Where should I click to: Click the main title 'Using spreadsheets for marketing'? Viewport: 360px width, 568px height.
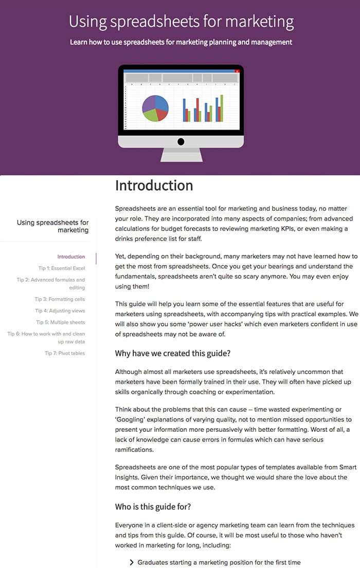click(x=181, y=22)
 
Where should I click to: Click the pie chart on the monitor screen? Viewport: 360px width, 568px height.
click(x=155, y=108)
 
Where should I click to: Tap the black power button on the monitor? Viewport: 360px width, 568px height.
click(x=181, y=141)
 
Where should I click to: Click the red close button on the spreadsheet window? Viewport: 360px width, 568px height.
click(x=237, y=71)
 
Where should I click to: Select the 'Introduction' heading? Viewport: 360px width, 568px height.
click(x=154, y=186)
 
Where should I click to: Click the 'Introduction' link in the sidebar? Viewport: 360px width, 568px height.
click(x=71, y=257)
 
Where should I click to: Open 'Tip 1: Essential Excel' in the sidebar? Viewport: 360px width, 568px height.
click(x=61, y=268)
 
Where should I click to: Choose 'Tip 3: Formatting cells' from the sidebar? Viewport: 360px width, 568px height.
click(x=60, y=299)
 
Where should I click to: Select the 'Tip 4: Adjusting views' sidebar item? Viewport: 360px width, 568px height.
click(x=60, y=311)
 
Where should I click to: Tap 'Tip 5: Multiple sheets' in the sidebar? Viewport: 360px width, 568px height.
click(x=61, y=322)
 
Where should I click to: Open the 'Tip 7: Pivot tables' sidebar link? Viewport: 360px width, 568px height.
click(x=65, y=353)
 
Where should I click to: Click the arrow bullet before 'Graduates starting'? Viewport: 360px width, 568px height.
click(x=132, y=563)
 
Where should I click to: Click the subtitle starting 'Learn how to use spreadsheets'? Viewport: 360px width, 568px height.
click(x=181, y=42)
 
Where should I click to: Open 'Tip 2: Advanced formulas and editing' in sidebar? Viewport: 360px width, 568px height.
click(x=50, y=284)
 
